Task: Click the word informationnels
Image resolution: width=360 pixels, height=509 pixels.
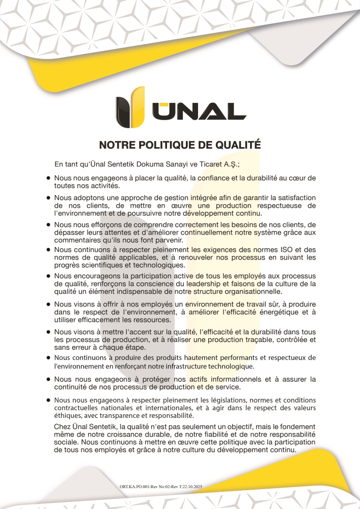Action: click(x=230, y=380)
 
